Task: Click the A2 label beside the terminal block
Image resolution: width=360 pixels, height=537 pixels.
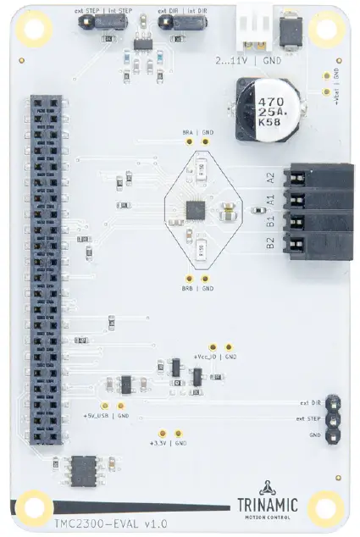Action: click(x=270, y=178)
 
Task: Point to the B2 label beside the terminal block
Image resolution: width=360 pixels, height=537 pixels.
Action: click(x=270, y=244)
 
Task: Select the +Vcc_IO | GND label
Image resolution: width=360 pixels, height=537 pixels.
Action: click(x=214, y=357)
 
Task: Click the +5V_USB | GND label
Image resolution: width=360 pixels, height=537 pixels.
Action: click(x=107, y=416)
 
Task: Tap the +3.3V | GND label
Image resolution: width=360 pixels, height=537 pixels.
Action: click(x=167, y=443)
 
